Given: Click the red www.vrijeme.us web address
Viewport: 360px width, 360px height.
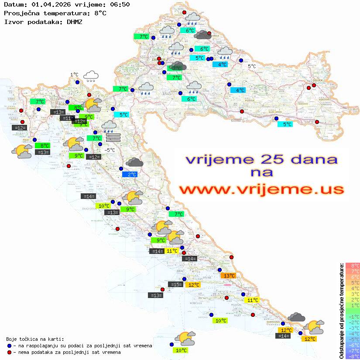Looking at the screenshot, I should tap(261, 189).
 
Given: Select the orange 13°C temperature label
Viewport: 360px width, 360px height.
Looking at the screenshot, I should tap(229, 275).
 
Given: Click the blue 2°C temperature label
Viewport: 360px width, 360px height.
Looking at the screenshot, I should tap(130, 175).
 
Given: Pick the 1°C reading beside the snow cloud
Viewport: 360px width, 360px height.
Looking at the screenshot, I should tap(74, 75).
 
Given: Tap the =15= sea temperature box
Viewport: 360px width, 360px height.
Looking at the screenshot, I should tap(175, 285).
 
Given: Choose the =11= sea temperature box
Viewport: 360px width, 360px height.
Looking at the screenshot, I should tap(67, 118).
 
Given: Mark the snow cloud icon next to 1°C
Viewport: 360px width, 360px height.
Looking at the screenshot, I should tap(91, 76).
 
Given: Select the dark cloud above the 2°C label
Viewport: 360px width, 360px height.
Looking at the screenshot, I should tap(134, 163).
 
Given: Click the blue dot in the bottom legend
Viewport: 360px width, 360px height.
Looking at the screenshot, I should tap(10, 346).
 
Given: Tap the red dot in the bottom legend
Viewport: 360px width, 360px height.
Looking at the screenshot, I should tap(10, 352).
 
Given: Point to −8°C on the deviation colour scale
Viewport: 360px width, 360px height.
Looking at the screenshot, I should tap(352, 357).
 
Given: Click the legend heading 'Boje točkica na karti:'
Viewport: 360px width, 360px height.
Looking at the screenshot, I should tap(35, 339).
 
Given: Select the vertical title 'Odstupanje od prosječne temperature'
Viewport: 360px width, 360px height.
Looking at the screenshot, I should tap(342, 311).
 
